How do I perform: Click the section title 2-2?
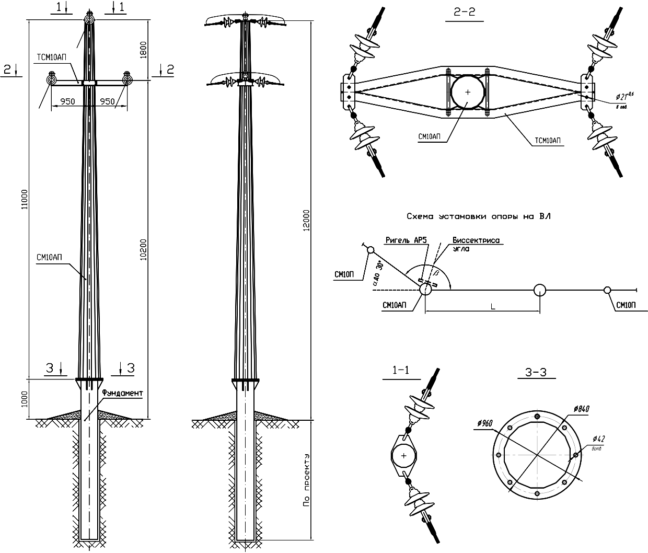(x=465, y=15)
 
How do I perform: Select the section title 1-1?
(x=401, y=371)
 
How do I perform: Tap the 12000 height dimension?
(x=306, y=220)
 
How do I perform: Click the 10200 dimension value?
(x=144, y=251)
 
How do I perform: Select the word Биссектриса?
(x=476, y=240)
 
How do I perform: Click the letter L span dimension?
(x=492, y=307)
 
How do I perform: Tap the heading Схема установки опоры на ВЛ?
(x=478, y=216)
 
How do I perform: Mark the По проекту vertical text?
(x=306, y=481)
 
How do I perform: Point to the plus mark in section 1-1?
(x=403, y=456)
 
